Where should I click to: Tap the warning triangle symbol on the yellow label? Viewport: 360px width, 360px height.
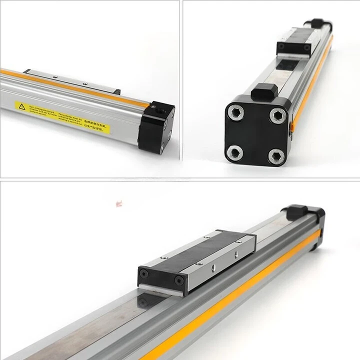(21, 106)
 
